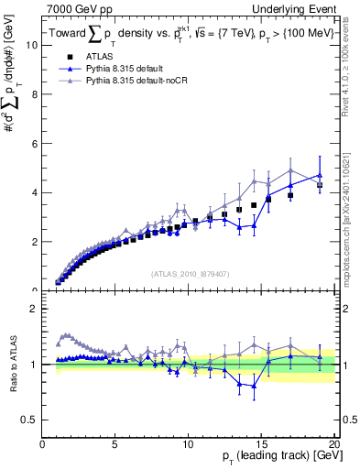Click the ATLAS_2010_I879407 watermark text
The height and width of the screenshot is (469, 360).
point(189,273)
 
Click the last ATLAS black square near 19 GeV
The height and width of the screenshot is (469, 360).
point(320,185)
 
